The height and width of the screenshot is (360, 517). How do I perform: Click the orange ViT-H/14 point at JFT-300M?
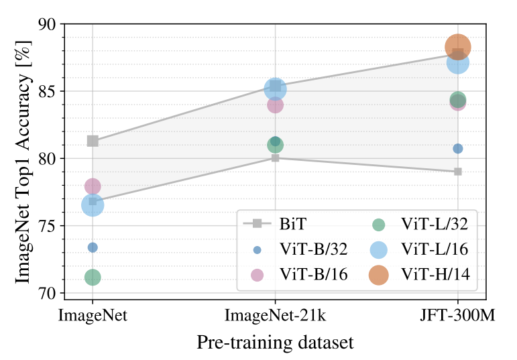point(457,47)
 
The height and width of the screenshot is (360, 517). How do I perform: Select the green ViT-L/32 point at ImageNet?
point(93,277)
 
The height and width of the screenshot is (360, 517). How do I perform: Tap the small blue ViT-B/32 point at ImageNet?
point(93,247)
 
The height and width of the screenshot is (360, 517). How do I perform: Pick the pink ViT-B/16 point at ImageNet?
point(93,186)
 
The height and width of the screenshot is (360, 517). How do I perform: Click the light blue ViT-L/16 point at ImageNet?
point(93,205)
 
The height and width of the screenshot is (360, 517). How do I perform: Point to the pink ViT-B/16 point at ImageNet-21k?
point(276,105)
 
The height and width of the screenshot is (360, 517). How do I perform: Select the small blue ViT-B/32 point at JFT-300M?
point(457,149)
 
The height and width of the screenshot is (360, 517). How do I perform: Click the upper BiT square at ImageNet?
point(93,141)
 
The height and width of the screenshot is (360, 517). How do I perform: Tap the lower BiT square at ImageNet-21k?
point(276,158)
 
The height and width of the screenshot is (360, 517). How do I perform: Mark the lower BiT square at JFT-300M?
point(457,172)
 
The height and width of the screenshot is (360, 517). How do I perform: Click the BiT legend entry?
point(275,224)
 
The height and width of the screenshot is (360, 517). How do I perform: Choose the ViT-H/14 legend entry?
point(419,275)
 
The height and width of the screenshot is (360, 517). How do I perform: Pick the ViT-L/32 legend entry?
point(419,225)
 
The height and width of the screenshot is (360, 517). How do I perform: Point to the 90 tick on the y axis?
point(61,24)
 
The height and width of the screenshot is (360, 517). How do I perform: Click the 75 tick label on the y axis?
point(48,226)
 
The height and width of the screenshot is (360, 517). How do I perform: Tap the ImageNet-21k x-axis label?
point(276,316)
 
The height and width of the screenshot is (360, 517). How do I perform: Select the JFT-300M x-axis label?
point(457,316)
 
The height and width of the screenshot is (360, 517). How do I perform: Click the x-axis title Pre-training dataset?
point(276,343)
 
